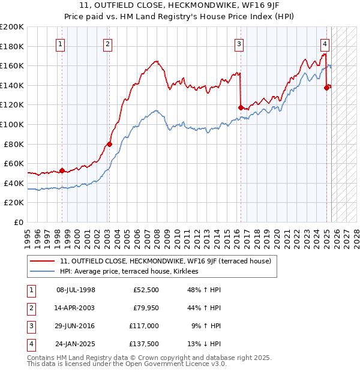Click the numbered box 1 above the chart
[x=61, y=43]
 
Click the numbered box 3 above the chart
[x=239, y=43]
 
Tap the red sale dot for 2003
[x=109, y=144]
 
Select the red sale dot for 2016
[x=241, y=107]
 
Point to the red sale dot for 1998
[x=62, y=170]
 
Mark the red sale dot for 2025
[x=326, y=88]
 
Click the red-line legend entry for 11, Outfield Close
[x=166, y=261]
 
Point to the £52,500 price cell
[x=145, y=290]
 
